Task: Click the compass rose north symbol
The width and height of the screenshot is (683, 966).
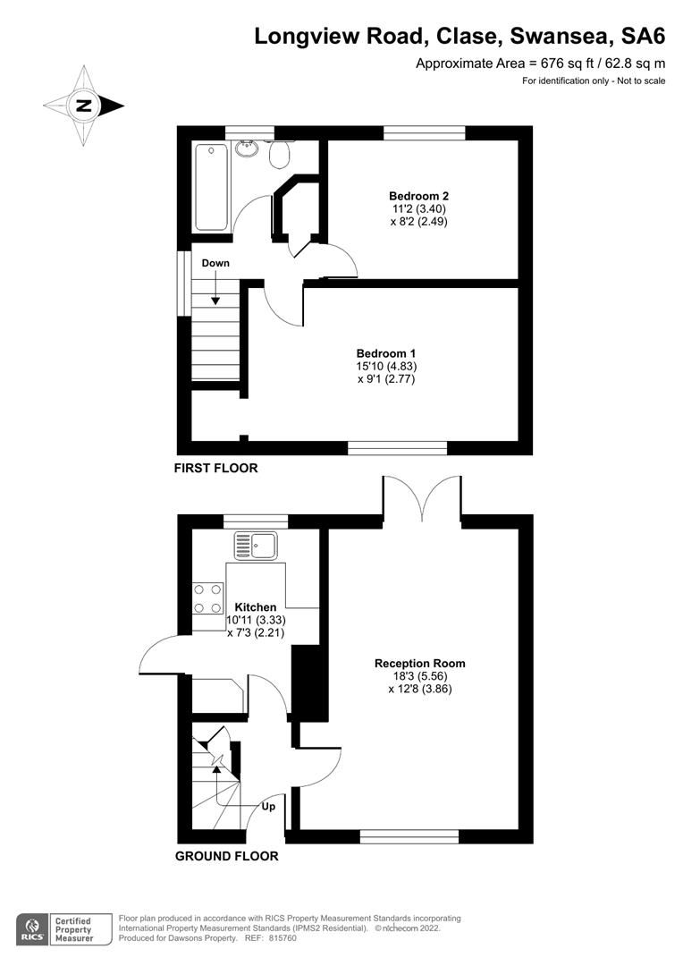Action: point(84,106)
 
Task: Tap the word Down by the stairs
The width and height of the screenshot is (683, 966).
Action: point(215,263)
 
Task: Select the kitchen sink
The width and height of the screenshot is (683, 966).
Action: point(257,544)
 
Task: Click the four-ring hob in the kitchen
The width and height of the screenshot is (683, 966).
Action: point(207,598)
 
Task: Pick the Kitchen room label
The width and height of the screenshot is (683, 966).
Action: point(256,607)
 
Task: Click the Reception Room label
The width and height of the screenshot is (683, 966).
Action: point(419,664)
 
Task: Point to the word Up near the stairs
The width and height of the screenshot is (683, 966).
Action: point(268,806)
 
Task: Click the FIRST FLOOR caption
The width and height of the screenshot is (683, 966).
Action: point(215,468)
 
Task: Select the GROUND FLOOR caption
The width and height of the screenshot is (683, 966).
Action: point(226,856)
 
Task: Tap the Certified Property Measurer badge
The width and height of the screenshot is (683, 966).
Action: point(75,928)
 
